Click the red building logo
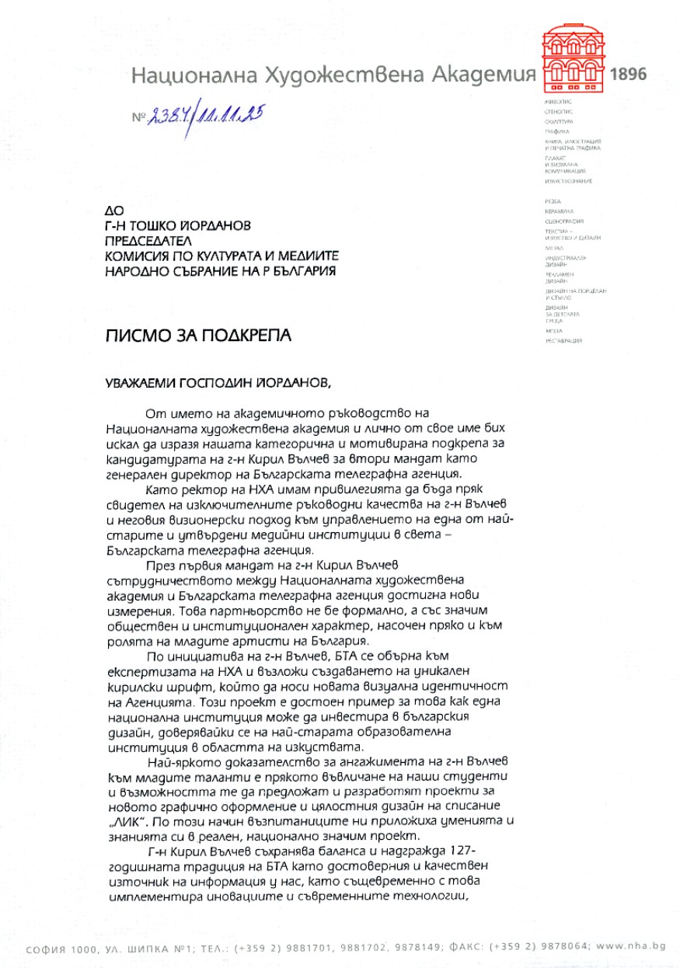click(x=574, y=58)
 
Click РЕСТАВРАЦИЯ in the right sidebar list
click(x=563, y=341)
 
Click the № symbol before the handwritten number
click(x=139, y=118)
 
